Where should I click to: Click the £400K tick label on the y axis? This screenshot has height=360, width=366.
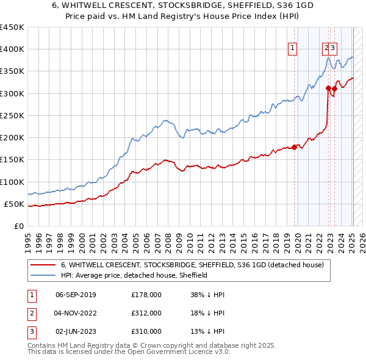pyautogui.click(x=12, y=49)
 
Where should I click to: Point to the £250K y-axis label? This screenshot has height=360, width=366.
pyautogui.click(x=12, y=116)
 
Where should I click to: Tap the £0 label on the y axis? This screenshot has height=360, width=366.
pyautogui.click(x=18, y=226)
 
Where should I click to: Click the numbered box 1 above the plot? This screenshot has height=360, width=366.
pyautogui.click(x=293, y=49)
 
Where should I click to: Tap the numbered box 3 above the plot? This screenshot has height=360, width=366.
pyautogui.click(x=334, y=49)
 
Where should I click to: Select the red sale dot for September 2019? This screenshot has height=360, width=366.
pyautogui.click(x=294, y=147)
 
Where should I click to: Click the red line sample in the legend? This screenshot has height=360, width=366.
pyautogui.click(x=43, y=265)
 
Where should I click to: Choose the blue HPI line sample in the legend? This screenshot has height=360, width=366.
pyautogui.click(x=43, y=275)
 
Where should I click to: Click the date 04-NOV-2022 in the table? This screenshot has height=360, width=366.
pyautogui.click(x=76, y=313)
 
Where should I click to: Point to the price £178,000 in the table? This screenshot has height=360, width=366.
pyautogui.click(x=146, y=295)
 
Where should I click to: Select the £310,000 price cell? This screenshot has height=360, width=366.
pyautogui.click(x=146, y=331)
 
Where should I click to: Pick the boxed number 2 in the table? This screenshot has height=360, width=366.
pyautogui.click(x=31, y=313)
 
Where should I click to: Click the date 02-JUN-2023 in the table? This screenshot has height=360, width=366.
pyautogui.click(x=76, y=331)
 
